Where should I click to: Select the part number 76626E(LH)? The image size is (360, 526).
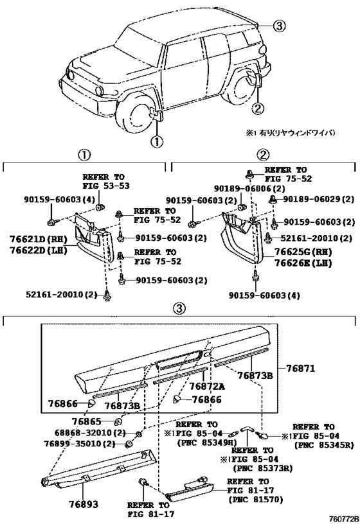click(302, 263)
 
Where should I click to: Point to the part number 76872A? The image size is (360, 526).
click(207, 385)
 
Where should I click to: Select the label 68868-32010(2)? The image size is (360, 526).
click(81, 434)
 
